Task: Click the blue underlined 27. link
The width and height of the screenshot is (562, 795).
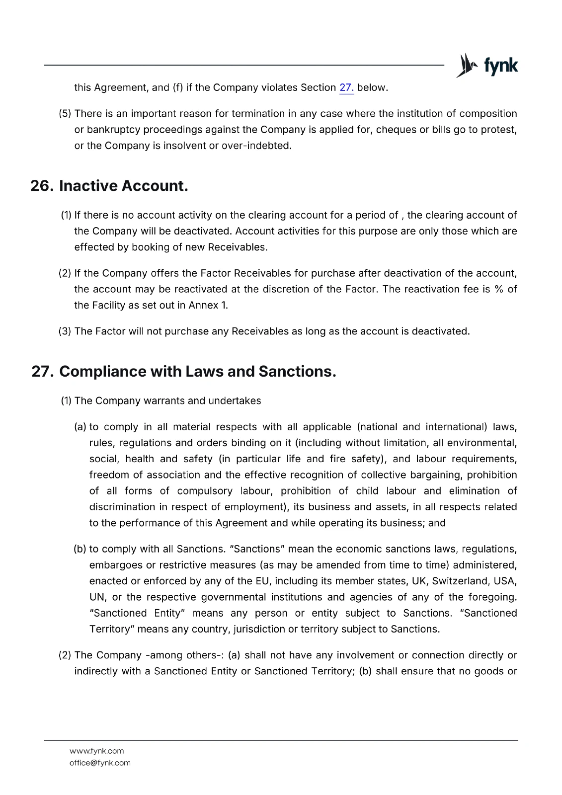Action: tap(346, 88)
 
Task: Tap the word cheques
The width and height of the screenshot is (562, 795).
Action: tap(395, 130)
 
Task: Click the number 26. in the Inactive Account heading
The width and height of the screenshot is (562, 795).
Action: tap(42, 186)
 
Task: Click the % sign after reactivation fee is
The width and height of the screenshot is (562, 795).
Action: tap(499, 289)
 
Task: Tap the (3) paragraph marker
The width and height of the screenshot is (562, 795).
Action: tap(65, 331)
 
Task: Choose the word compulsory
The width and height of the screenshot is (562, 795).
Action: tap(205, 491)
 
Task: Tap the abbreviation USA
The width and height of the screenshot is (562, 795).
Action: tap(506, 581)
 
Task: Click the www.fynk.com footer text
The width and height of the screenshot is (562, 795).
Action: tap(97, 751)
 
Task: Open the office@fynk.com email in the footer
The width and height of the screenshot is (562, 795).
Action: tap(100, 763)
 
